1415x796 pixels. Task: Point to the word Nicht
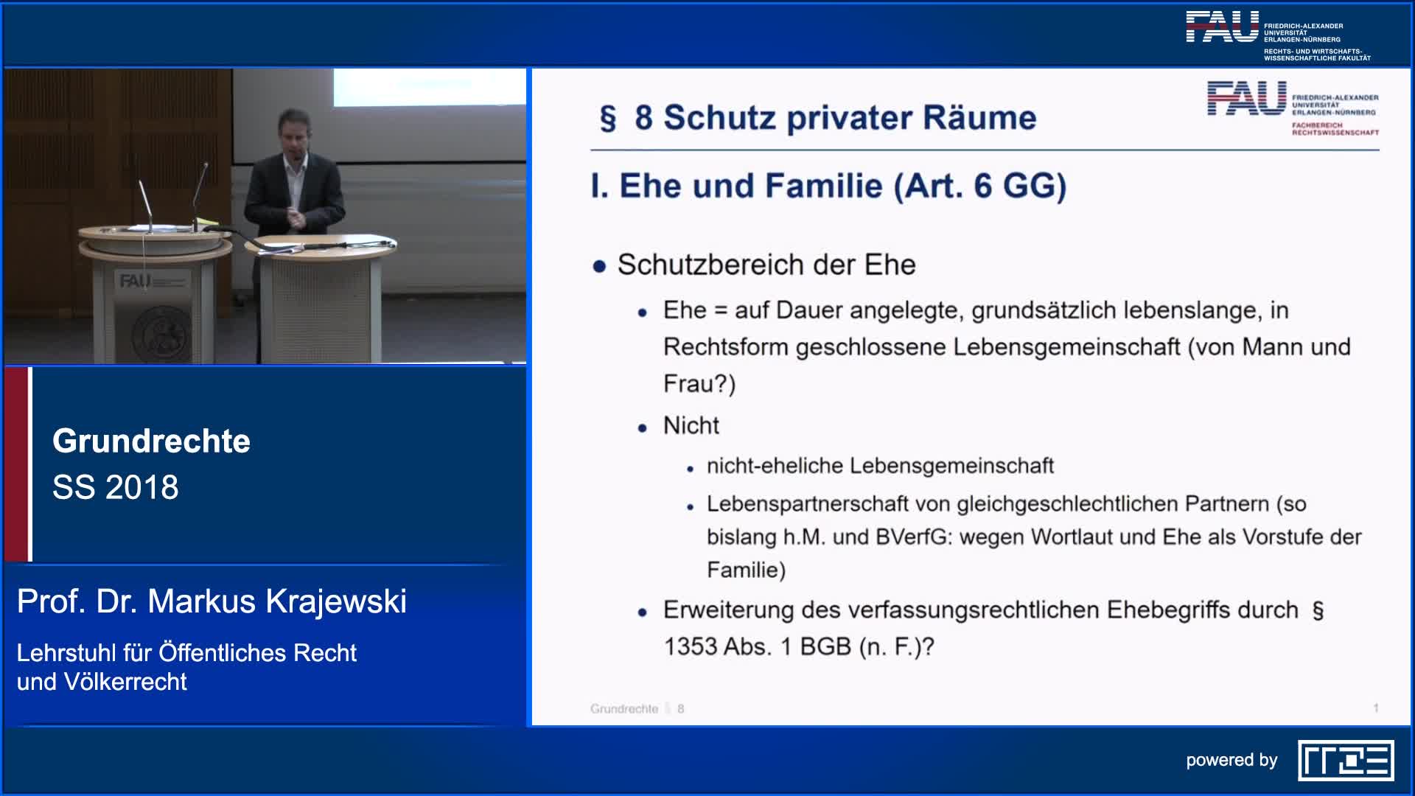pyautogui.click(x=691, y=425)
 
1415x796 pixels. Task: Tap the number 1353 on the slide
pyautogui.click(x=691, y=646)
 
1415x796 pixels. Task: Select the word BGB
pyautogui.click(x=825, y=646)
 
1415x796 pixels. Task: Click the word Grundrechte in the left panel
pyautogui.click(x=151, y=441)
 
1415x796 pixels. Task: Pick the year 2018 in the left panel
pyautogui.click(x=141, y=487)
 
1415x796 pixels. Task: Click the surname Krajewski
pyautogui.click(x=336, y=601)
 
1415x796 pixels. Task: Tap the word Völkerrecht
pyautogui.click(x=125, y=682)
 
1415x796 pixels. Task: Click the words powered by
pyautogui.click(x=1231, y=761)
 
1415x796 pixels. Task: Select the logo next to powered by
pyautogui.click(x=1346, y=760)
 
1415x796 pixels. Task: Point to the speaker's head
pyautogui.click(x=293, y=133)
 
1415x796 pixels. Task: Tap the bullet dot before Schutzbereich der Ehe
pyautogui.click(x=599, y=266)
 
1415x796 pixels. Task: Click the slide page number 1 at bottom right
pyautogui.click(x=1375, y=708)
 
